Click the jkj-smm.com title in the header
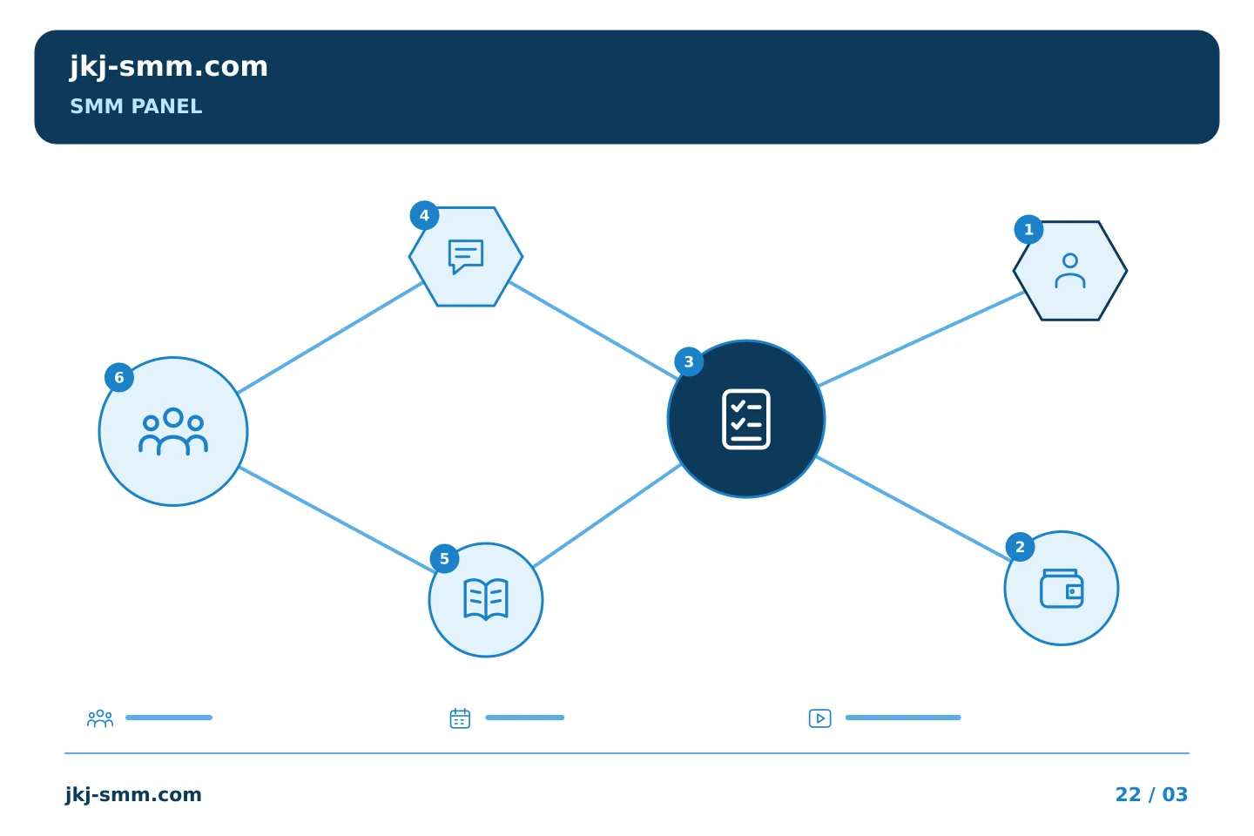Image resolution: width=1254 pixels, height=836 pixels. pyautogui.click(x=169, y=67)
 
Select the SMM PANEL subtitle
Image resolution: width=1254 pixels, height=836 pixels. pyautogui.click(x=136, y=106)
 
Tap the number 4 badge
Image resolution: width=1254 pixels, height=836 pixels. pyautogui.click(x=424, y=216)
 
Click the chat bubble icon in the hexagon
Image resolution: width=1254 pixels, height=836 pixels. pyautogui.click(x=466, y=256)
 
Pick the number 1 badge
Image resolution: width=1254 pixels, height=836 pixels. pyautogui.click(x=1029, y=230)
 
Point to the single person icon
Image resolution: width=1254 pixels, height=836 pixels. pyautogui.click(x=1070, y=271)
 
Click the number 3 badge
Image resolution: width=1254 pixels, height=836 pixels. pyautogui.click(x=689, y=361)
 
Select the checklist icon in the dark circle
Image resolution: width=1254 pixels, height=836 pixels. pyautogui.click(x=746, y=420)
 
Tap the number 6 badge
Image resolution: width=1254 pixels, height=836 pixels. pyautogui.click(x=119, y=377)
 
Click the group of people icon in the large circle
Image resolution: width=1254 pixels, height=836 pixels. pyautogui.click(x=173, y=431)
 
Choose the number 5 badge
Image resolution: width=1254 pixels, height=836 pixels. pyautogui.click(x=444, y=559)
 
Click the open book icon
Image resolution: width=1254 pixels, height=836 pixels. pyautogui.click(x=486, y=600)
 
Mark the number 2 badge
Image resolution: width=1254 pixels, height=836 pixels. pyautogui.click(x=1020, y=547)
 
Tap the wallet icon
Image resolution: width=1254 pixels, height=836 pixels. pyautogui.click(x=1062, y=589)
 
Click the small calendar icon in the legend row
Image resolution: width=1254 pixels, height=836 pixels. pyautogui.click(x=460, y=718)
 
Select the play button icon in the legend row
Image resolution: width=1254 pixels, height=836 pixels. pyautogui.click(x=820, y=718)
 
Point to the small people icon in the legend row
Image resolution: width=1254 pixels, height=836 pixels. pyautogui.click(x=100, y=718)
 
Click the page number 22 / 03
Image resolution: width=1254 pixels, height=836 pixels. pyautogui.click(x=1151, y=794)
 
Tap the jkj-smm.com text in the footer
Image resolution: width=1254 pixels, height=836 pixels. pyautogui.click(x=133, y=795)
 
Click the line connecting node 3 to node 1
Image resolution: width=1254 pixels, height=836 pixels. pyautogui.click(x=921, y=339)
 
